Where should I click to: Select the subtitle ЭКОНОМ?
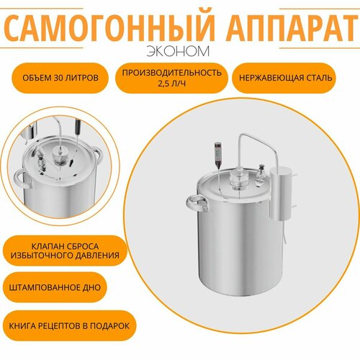(180, 52)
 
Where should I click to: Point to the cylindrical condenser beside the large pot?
(281, 193)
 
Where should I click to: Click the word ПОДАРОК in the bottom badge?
(108, 325)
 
